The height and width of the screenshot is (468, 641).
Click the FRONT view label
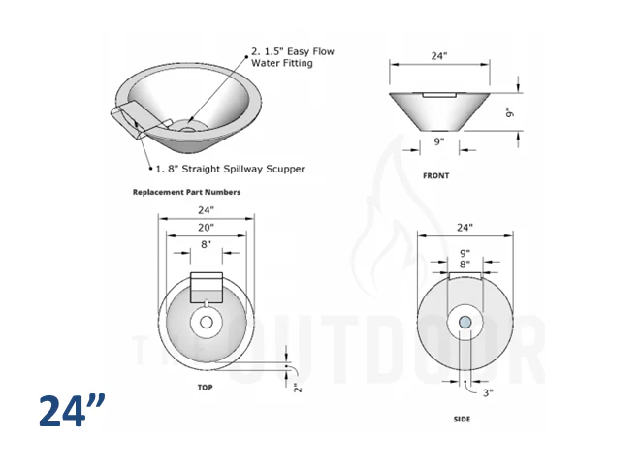[435, 175]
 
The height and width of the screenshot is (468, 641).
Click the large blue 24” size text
[72, 411]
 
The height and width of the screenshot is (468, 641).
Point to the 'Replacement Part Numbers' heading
[186, 192]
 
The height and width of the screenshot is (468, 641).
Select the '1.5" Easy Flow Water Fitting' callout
[293, 57]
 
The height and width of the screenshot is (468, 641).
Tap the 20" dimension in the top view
[205, 227]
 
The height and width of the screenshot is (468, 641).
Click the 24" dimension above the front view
[439, 56]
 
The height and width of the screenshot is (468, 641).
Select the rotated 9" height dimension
[508, 111]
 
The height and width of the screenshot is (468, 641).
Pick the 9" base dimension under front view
[439, 141]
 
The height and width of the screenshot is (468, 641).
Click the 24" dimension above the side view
[465, 228]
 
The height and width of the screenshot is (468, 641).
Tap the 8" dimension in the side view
[465, 264]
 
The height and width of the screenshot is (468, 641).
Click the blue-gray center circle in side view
[465, 322]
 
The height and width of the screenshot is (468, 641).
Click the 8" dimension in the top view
[205, 245]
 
